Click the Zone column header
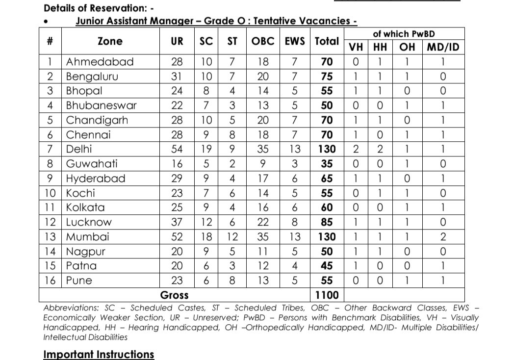coord(110,42)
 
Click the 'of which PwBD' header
coord(404,34)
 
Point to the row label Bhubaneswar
coord(101,105)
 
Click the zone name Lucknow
coord(89,222)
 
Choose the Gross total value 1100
coord(327,295)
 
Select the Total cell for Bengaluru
coord(327,77)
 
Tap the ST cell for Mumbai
coord(232,237)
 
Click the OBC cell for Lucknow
coord(263,222)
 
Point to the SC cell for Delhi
coord(206,149)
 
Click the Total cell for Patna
coord(327,266)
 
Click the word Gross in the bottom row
coord(174,295)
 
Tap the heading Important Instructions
coord(99,354)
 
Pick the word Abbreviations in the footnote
coord(71,308)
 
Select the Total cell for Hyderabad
coord(327,179)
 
